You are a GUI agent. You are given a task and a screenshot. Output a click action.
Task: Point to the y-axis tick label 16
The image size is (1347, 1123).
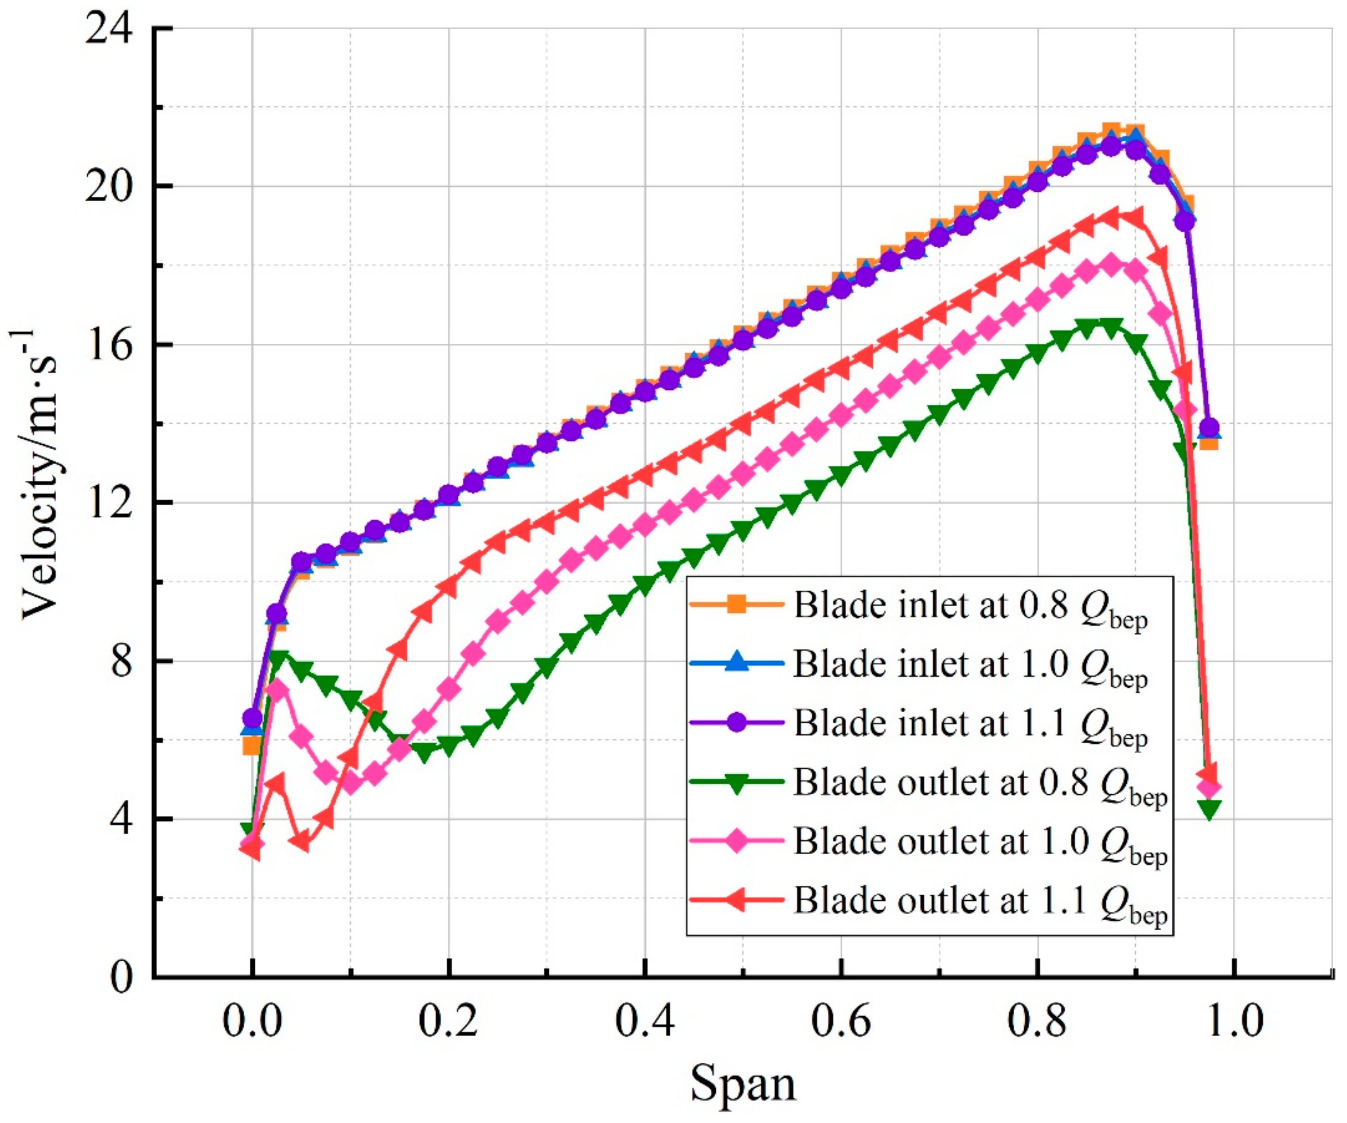(x=110, y=345)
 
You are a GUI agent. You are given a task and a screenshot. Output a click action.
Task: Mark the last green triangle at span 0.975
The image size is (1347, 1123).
(x=1209, y=810)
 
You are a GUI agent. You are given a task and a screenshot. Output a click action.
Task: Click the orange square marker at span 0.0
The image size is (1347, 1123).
(x=252, y=746)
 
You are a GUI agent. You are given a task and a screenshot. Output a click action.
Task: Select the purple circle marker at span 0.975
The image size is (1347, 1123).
(x=1209, y=428)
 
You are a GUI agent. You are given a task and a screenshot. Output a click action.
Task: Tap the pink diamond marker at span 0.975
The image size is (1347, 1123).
(x=1209, y=787)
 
